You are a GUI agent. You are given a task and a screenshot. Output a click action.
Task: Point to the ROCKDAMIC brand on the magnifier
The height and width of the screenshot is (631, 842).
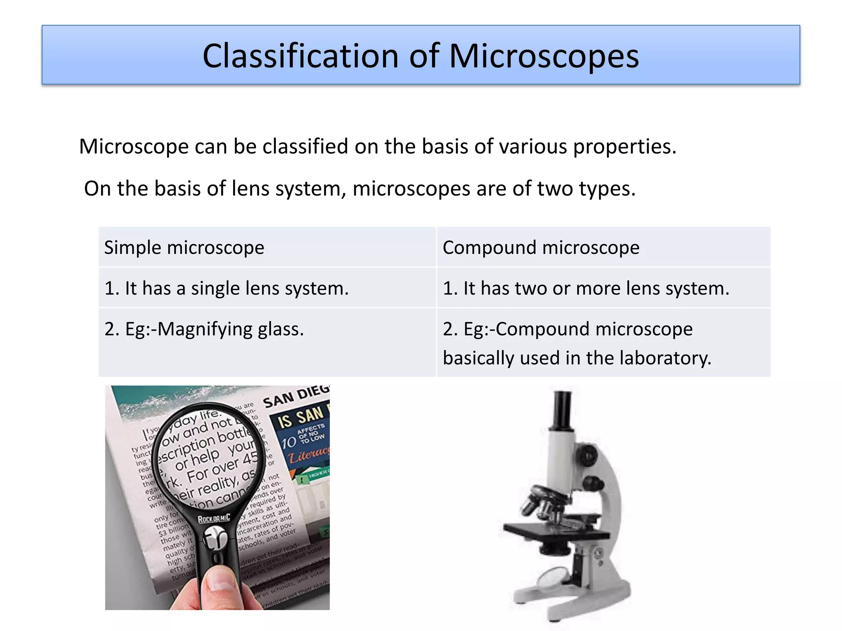tap(214, 518)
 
